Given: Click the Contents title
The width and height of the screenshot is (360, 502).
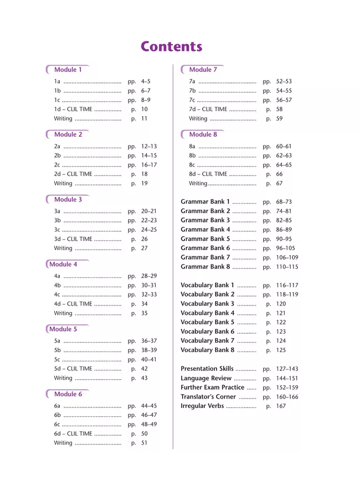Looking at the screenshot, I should tap(171, 46).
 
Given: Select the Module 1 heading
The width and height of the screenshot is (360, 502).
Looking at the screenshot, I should tap(68, 70).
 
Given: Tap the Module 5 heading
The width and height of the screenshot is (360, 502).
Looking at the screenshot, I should tap(63, 329).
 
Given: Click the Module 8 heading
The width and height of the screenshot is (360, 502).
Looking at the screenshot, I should tap(203, 134).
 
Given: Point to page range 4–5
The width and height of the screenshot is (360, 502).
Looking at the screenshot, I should tap(146, 81).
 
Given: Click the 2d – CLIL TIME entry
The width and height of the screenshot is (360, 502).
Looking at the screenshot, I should tap(73, 174).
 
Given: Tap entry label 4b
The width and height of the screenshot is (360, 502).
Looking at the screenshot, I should tap(57, 286).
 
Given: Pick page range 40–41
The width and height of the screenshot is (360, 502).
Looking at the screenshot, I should tap(149, 360).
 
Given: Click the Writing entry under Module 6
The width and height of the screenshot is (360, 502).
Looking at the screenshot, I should tap(63, 443).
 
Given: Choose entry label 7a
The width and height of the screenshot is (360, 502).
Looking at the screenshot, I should tap(192, 81).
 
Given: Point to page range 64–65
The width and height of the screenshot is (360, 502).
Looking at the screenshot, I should tap(284, 165).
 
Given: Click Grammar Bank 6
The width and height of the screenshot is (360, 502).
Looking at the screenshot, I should tap(205, 249).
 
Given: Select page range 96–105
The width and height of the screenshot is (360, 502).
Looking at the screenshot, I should tap(286, 249).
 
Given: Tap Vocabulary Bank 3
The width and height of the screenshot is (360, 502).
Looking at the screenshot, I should tap(208, 304).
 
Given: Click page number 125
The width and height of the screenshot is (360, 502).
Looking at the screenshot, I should tap(281, 350).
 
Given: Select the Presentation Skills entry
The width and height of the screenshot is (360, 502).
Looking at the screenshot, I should tap(207, 369).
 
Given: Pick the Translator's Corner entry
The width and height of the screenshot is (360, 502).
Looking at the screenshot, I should tap(208, 397).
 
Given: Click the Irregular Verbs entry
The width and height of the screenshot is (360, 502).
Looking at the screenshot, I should tap(202, 406).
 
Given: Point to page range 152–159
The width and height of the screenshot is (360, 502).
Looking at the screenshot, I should tap(287, 387).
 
